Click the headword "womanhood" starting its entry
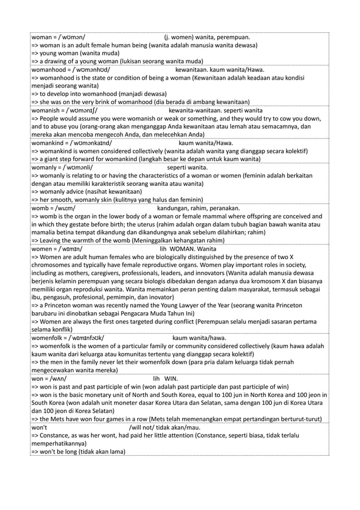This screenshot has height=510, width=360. [x=47, y=70]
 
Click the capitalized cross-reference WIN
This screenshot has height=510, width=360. [x=172, y=378]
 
